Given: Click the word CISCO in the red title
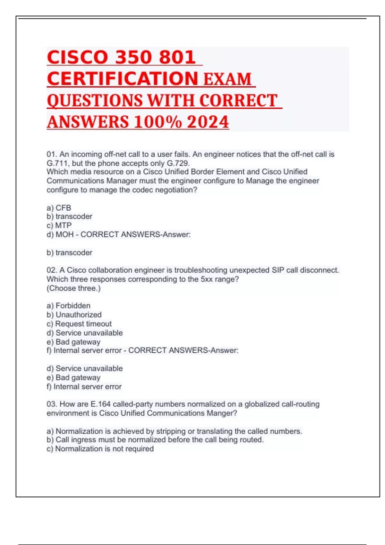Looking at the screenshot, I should click(x=77, y=57).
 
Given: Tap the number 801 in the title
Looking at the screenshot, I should click(x=177, y=57).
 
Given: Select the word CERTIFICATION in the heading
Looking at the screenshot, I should click(x=123, y=79).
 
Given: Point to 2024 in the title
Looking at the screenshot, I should click(x=208, y=122).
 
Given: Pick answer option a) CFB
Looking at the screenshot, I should click(x=59, y=208).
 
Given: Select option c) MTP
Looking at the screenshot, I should click(x=59, y=225).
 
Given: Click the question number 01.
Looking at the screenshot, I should click(x=51, y=154).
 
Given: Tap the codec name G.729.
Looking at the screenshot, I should click(x=178, y=163).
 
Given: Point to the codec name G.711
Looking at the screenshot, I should click(x=58, y=163).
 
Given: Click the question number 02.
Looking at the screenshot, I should click(x=52, y=270).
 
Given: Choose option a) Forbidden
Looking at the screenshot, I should click(x=69, y=306).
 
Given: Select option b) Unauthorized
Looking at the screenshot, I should click(x=74, y=314).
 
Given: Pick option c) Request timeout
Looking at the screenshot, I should click(x=79, y=323).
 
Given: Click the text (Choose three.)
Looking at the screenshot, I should click(x=73, y=288).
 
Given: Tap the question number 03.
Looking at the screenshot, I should click(x=52, y=404).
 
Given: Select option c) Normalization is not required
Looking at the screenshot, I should click(x=100, y=449).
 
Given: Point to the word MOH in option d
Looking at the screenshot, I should click(x=64, y=234).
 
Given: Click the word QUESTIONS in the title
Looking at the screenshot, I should click(x=95, y=101).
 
